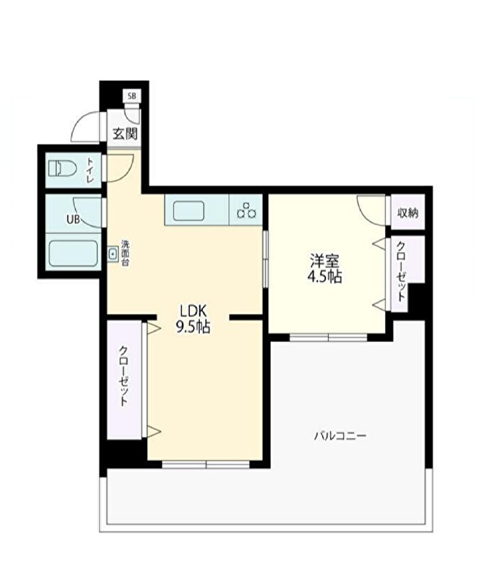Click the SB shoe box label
point(131,96)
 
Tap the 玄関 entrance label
point(125,134)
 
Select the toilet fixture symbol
point(61,169)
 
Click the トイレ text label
point(90,170)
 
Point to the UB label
point(73,219)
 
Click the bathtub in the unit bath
point(73,253)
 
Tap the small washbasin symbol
point(112,254)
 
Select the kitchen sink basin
point(188,211)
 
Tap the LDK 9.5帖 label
point(193,319)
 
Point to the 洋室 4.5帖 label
point(324,268)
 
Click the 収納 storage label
point(408,213)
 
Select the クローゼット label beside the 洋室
point(401,271)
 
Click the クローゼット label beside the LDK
point(124,376)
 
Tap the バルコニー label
point(340,435)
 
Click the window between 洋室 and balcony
point(328,337)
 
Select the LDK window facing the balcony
point(205,464)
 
